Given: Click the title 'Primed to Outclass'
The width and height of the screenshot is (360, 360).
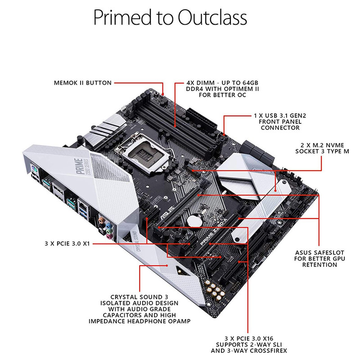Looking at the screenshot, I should (x=170, y=18).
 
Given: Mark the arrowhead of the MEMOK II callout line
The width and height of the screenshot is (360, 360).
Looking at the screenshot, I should (x=163, y=94).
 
